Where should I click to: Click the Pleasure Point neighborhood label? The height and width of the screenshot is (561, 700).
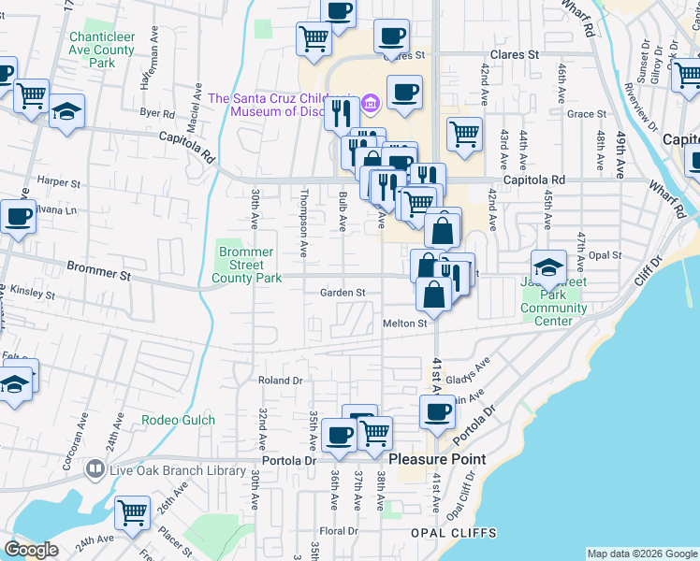(x=437, y=459)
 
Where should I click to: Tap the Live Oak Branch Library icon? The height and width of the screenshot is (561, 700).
(x=94, y=468)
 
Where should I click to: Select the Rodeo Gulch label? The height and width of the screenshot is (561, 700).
(x=178, y=421)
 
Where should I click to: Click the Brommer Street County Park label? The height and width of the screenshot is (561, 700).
(x=246, y=265)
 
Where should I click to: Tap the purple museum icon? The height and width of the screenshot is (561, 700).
(x=372, y=102)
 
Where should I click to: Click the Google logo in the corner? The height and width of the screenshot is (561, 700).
(x=32, y=550)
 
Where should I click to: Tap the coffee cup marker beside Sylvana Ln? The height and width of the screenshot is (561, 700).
(x=17, y=218)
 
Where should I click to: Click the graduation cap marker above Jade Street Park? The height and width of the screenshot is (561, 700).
(x=549, y=266)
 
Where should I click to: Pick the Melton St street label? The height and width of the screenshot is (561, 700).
(x=404, y=324)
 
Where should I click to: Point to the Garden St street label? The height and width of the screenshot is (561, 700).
(x=343, y=293)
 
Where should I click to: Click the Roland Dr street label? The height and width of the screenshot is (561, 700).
(x=281, y=381)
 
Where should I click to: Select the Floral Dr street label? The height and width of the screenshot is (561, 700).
(x=340, y=530)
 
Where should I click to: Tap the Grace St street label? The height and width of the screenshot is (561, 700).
(x=587, y=114)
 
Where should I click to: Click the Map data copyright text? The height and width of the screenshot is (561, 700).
(x=641, y=554)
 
